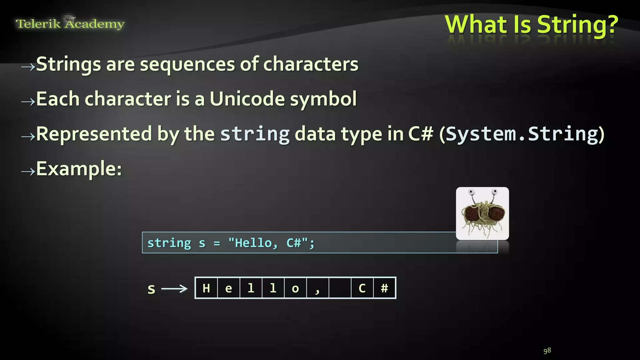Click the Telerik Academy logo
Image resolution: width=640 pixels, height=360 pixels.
tap(70, 24)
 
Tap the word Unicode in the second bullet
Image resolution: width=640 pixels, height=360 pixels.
tap(247, 99)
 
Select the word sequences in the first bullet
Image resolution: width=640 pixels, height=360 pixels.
tap(187, 64)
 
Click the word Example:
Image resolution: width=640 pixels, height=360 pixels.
tap(79, 169)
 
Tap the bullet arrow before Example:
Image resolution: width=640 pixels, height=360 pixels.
tap(28, 171)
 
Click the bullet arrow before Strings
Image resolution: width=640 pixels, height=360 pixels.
tap(28, 66)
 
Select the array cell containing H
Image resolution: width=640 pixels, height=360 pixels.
tap(206, 288)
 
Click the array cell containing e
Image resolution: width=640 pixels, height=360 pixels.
tap(228, 288)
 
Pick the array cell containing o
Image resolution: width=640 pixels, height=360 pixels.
tap(295, 288)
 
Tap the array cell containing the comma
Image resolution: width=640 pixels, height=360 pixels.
tap(317, 288)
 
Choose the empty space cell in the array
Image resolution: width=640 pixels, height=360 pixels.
tap(340, 288)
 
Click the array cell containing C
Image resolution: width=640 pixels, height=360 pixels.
tap(362, 288)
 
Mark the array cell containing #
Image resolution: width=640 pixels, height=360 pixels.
tap(384, 288)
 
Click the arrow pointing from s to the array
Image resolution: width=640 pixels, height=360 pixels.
tap(174, 288)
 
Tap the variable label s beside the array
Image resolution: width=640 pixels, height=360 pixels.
tap(152, 289)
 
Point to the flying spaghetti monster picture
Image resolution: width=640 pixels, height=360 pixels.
tap(482, 213)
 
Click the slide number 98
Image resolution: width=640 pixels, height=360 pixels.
tap(547, 351)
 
